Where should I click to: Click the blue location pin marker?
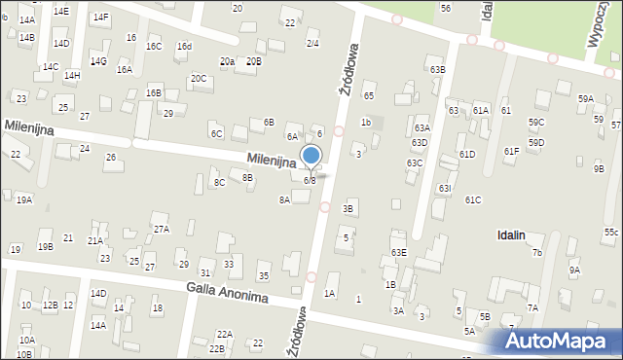[x=311, y=157]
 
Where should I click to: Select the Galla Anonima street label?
[x=227, y=291]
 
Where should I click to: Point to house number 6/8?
[x=310, y=180]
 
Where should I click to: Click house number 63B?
[x=438, y=70]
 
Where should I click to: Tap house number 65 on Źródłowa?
[x=369, y=95]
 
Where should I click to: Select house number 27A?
[x=161, y=229]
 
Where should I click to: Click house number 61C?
[x=473, y=199]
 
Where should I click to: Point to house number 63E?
[x=398, y=252]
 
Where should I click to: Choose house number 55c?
[x=610, y=233]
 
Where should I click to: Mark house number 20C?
[x=199, y=78]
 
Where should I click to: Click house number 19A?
[x=24, y=199]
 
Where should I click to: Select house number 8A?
[x=284, y=199]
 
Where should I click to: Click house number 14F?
[x=100, y=18]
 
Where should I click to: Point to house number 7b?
[x=536, y=253]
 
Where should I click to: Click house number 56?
[x=445, y=8]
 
